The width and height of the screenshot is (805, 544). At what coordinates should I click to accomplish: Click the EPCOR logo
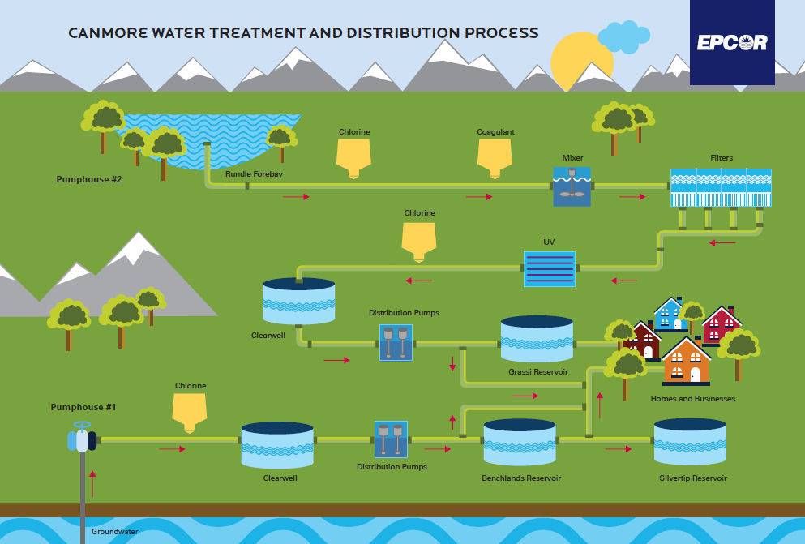732,42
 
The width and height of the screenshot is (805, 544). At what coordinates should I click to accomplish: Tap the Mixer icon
572,186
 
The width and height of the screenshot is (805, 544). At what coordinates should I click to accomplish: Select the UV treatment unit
550,269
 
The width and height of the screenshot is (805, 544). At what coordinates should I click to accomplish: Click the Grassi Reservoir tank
537,339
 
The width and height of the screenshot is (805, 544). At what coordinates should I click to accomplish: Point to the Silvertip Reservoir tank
690,441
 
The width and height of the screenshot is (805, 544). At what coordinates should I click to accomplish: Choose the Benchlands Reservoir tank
520,443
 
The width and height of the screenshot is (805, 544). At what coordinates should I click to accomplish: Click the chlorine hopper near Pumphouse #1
190,413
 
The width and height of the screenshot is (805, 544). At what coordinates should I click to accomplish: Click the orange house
687,362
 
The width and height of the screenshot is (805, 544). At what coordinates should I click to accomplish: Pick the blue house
670,314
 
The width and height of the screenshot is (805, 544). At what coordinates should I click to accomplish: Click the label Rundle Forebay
254,174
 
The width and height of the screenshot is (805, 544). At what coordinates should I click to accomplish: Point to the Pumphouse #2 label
89,179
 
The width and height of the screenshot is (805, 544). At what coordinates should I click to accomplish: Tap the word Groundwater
115,532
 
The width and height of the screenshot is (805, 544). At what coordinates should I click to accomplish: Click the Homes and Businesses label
692,398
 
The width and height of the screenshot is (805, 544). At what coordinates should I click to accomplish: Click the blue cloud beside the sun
624,37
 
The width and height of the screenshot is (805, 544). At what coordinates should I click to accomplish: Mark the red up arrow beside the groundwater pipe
92,483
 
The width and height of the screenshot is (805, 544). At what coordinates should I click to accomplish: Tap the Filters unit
721,187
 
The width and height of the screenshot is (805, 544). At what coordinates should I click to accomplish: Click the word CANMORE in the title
108,33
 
